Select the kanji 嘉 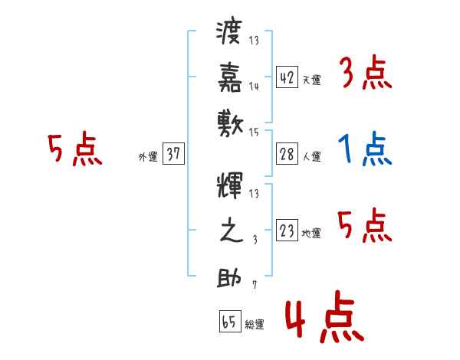[x=230, y=77]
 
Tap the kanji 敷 [x=230, y=121]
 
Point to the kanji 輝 [x=230, y=188]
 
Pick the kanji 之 [x=230, y=231]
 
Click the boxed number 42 [x=287, y=77]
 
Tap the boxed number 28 [x=287, y=154]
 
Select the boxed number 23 [x=287, y=231]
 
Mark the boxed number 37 [x=173, y=155]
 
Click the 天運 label [x=311, y=80]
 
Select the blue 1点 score [x=364, y=150]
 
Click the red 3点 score [x=364, y=74]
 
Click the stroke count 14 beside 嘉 [x=254, y=86]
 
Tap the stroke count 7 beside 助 [x=255, y=286]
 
